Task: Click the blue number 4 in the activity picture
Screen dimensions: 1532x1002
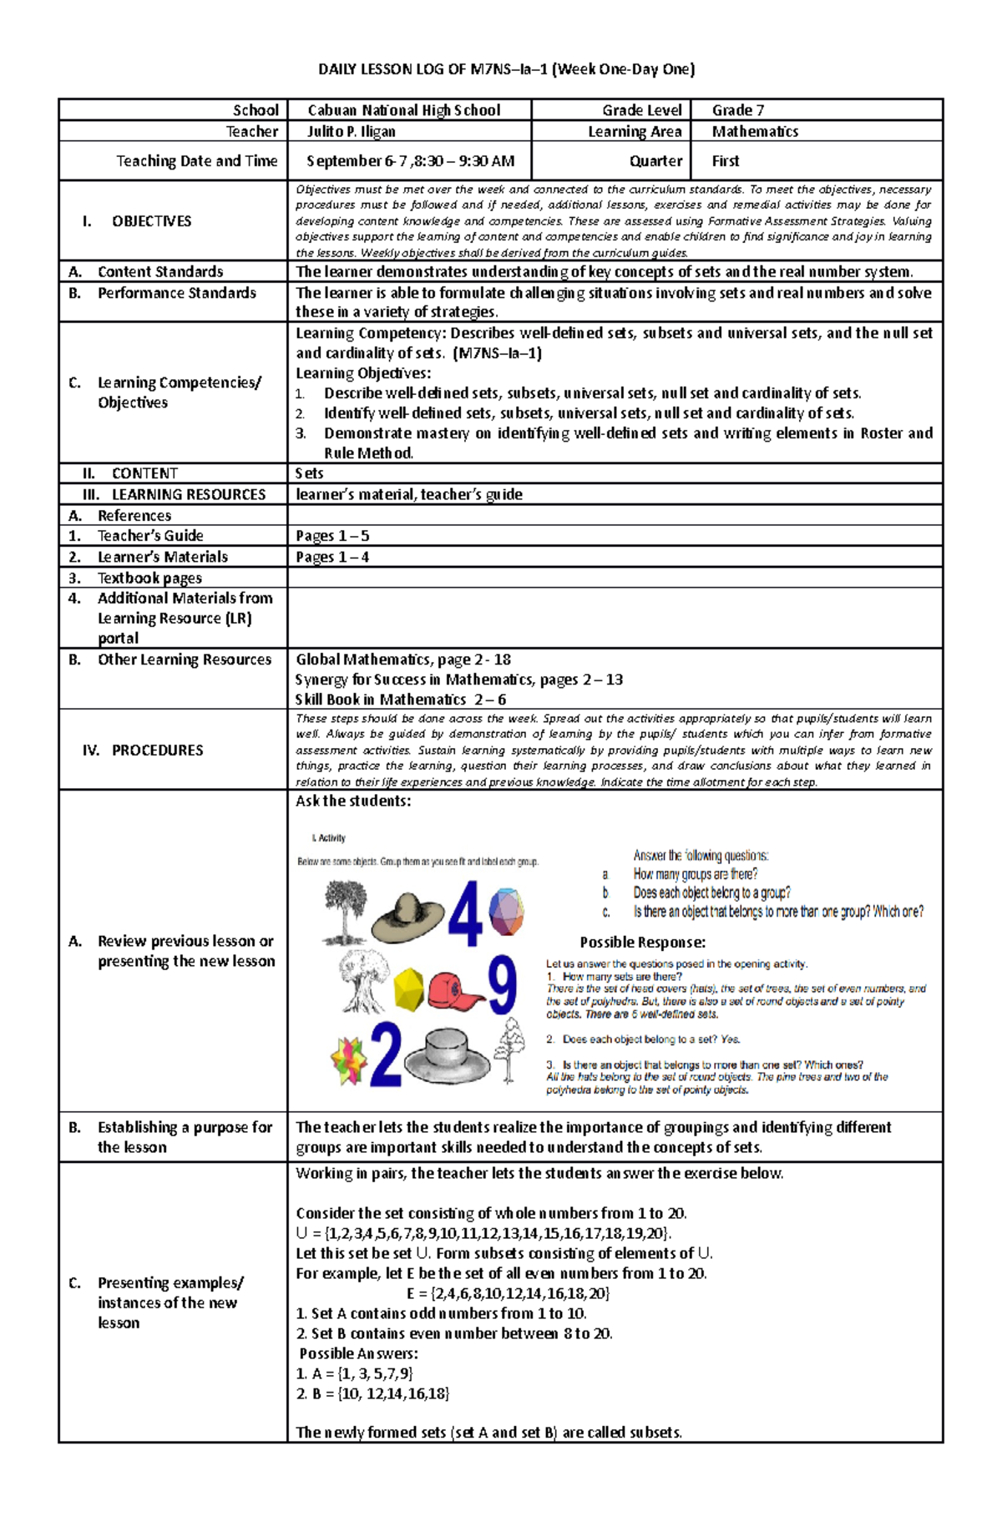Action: pyautogui.click(x=465, y=913)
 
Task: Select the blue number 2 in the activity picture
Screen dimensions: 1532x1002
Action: pyautogui.click(x=385, y=1055)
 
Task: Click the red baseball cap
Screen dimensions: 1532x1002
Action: pyautogui.click(x=455, y=990)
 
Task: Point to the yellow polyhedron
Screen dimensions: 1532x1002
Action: pyautogui.click(x=408, y=988)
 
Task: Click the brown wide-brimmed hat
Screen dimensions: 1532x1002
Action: pyautogui.click(x=407, y=915)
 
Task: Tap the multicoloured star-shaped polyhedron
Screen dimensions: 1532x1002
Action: pyautogui.click(x=348, y=1060)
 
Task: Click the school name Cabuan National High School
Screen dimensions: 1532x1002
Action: pyautogui.click(x=404, y=110)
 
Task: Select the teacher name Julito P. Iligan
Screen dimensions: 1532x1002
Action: pyautogui.click(x=351, y=131)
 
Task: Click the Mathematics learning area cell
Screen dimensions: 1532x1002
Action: pyautogui.click(x=755, y=131)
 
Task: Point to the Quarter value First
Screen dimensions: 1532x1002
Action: pyautogui.click(x=725, y=161)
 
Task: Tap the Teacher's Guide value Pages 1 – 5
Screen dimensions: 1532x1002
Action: pyautogui.click(x=332, y=536)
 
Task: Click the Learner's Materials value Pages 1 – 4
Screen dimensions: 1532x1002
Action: pyautogui.click(x=332, y=557)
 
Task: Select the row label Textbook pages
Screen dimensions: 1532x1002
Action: pyautogui.click(x=149, y=578)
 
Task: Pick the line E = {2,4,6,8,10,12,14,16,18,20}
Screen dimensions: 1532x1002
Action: pyautogui.click(x=508, y=1293)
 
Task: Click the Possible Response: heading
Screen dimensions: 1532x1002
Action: pyautogui.click(x=642, y=943)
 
